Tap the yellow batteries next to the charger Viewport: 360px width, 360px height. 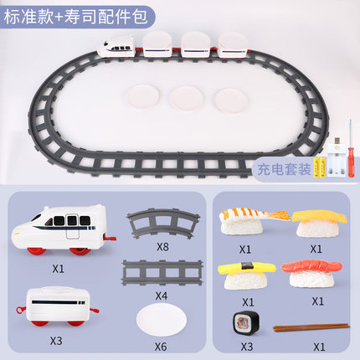320,168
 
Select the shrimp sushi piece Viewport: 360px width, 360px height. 251,221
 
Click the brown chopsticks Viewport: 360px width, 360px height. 311,327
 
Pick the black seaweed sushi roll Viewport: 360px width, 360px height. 246,322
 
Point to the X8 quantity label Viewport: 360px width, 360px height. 162,247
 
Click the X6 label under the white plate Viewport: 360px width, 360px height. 161,347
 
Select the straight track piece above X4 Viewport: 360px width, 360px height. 162,273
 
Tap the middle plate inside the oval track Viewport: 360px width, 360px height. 186,98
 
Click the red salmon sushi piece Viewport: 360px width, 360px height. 311,274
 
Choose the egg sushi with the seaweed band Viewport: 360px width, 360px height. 246,275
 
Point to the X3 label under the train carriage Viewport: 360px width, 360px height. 56,341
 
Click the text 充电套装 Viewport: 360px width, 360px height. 284,169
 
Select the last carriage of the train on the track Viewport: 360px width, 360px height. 234,46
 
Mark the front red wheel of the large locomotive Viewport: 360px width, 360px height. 37,251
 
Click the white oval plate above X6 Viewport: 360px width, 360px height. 162,320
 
